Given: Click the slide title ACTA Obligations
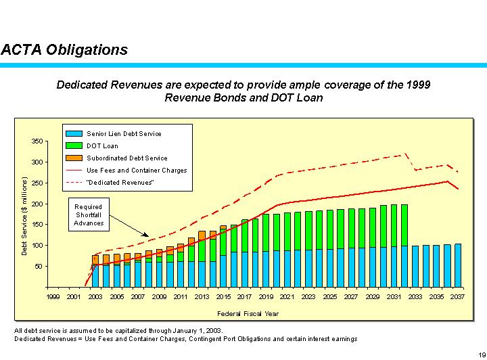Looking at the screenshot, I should point(65,50).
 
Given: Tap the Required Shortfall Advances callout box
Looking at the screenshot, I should point(89,215).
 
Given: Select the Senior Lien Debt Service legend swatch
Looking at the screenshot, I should point(74,134).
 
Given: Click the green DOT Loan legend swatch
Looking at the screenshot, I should point(74,146).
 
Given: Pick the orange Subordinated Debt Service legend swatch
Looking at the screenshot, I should point(74,158).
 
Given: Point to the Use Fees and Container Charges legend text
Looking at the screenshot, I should point(137,171).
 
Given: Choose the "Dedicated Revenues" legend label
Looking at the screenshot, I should point(120,183).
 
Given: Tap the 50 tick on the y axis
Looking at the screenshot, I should point(38,267).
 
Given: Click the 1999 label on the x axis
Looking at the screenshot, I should point(53,296).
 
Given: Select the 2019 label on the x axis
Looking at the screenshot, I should point(266,296).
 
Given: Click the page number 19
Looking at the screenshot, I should point(481,354).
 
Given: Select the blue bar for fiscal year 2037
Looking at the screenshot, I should point(458,265).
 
